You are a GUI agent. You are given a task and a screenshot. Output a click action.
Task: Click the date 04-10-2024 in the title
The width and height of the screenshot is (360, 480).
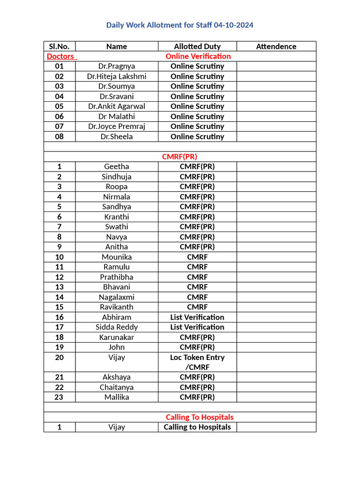point(231,25)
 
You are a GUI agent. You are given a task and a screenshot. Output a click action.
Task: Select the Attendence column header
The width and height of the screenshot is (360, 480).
point(276,46)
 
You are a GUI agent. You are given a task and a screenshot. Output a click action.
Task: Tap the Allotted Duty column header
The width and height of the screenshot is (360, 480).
point(197,46)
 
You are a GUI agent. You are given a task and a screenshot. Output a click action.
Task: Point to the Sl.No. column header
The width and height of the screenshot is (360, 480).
point(59,46)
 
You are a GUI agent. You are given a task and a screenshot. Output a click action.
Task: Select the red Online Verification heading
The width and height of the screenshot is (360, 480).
point(198,56)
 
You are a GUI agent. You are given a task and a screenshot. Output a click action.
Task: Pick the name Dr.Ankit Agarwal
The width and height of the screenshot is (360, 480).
point(116,106)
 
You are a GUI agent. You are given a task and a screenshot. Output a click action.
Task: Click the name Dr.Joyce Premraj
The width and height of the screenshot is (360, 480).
point(116,127)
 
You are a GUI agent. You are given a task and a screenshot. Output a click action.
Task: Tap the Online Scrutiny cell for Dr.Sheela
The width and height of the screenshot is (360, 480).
point(197,137)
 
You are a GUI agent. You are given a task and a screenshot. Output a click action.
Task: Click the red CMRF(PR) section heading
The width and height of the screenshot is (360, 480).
point(183,157)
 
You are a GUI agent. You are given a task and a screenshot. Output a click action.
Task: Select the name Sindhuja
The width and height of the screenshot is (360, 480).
point(116,177)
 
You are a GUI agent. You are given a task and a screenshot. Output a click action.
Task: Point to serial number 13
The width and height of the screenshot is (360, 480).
point(59,287)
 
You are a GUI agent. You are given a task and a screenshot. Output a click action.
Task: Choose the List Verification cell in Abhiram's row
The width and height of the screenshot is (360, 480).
point(197,317)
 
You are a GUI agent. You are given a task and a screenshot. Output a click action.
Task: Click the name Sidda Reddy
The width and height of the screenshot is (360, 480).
point(116,327)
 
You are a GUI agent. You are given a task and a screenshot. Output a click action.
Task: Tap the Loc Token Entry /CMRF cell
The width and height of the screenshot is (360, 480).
point(197,362)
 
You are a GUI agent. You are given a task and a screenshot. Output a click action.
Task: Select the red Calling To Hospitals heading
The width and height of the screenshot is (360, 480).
point(199,417)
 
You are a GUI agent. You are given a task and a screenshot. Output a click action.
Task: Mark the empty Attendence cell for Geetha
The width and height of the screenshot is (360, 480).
point(276,166)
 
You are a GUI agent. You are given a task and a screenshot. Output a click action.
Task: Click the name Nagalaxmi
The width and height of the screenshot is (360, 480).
point(116,297)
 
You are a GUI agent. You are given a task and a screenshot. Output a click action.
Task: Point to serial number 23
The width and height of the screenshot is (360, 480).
point(59,397)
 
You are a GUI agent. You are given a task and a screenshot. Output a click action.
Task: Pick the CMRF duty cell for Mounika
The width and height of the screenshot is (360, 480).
point(197,257)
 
